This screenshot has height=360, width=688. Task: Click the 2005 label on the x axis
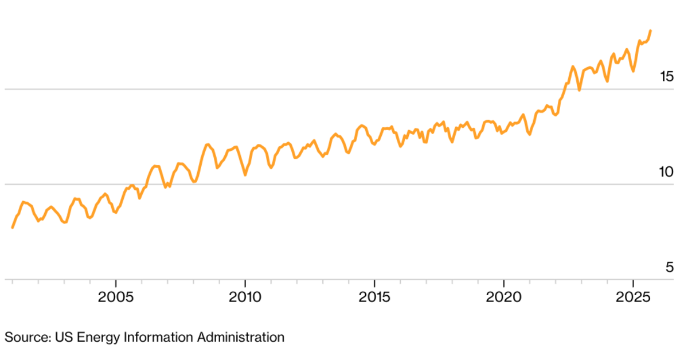pyautogui.click(x=116, y=298)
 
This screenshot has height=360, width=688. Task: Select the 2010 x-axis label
pyautogui.click(x=245, y=298)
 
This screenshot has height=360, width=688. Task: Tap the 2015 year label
pyautogui.click(x=374, y=298)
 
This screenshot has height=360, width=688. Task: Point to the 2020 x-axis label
pyautogui.click(x=503, y=298)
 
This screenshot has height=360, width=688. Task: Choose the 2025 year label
pyautogui.click(x=632, y=298)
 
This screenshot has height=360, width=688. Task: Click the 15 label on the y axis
pyautogui.click(x=667, y=76)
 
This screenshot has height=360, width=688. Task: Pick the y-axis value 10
pyautogui.click(x=667, y=172)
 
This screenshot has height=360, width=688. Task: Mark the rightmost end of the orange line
pyautogui.click(x=650, y=30)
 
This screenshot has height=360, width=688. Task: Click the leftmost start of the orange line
pyautogui.click(x=13, y=228)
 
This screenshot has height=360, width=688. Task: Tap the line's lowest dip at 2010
pyautogui.click(x=245, y=174)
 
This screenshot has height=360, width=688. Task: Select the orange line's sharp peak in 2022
pyautogui.click(x=572, y=66)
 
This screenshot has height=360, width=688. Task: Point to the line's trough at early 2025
pyautogui.click(x=633, y=71)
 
